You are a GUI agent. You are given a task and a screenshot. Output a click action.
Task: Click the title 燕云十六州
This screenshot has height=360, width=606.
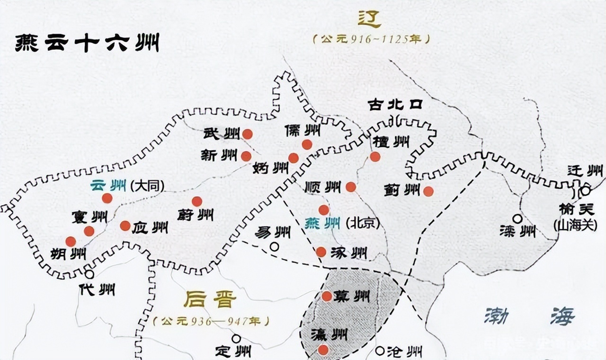coord(87,44)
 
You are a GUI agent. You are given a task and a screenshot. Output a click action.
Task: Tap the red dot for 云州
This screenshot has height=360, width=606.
coord(107,198)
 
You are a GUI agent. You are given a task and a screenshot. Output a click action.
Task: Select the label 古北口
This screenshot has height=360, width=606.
coord(395,105)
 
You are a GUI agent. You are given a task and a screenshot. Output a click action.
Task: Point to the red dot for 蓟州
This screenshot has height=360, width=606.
coord(428,191)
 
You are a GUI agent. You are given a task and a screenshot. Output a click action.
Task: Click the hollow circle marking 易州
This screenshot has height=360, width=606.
coord(274,246)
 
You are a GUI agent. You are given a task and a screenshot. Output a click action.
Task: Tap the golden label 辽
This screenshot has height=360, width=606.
coord(369,19)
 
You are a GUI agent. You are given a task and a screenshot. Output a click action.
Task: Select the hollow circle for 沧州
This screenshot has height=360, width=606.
coord(380,351)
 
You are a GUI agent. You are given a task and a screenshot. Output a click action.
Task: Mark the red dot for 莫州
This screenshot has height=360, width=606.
coord(327,296)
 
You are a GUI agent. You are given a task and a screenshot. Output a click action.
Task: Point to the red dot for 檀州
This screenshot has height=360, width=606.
coord(375,156)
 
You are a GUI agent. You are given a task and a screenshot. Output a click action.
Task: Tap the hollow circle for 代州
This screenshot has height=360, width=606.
coord(89,274)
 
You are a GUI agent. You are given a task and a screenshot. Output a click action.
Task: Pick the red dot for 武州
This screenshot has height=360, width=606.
coord(247,134)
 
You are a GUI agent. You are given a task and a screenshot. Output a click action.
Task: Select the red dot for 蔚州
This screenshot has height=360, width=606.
coord(196,201)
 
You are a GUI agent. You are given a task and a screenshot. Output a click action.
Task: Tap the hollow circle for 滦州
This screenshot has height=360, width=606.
coord(517,219)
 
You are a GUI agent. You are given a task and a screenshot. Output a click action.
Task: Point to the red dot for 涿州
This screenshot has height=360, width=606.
coord(321,252)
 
